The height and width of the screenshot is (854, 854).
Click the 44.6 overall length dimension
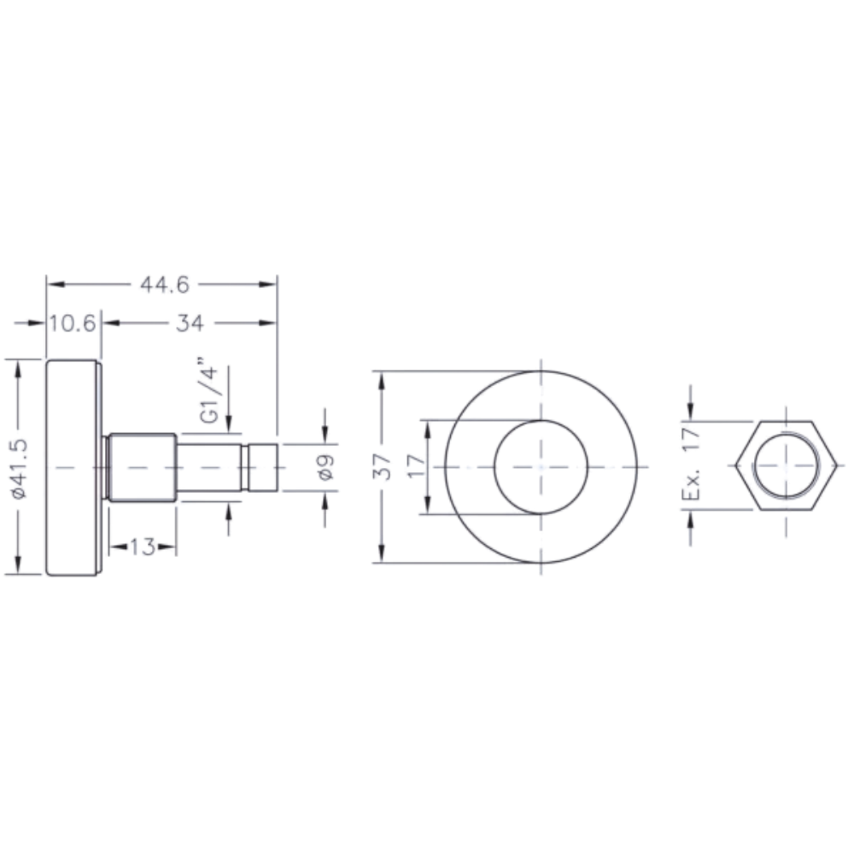click(x=165, y=284)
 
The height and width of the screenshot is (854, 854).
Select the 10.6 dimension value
click(x=72, y=323)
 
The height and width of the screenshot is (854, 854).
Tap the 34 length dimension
click(x=190, y=323)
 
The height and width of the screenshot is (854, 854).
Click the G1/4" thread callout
click(x=209, y=390)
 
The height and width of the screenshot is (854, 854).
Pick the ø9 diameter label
click(x=325, y=467)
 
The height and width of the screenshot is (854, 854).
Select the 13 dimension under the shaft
click(x=142, y=547)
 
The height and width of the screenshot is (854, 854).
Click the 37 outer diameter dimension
click(x=382, y=467)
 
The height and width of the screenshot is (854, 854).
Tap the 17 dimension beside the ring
click(x=417, y=467)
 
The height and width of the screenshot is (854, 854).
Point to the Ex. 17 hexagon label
click(x=691, y=464)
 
